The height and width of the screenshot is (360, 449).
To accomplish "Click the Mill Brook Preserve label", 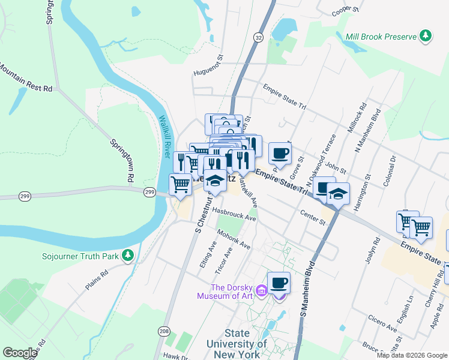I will (381, 37).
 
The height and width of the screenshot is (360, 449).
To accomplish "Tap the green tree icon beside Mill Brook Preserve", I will (426, 36).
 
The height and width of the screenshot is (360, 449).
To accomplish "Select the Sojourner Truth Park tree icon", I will (127, 256).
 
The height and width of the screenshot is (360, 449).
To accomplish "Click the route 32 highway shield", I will (258, 37).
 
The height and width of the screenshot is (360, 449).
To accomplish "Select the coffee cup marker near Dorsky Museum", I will (279, 282).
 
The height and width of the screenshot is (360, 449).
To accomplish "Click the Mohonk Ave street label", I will (234, 239).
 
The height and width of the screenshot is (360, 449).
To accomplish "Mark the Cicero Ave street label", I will (384, 329).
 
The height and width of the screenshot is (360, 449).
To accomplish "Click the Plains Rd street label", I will (96, 280).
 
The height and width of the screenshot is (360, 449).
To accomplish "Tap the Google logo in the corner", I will (20, 353).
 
